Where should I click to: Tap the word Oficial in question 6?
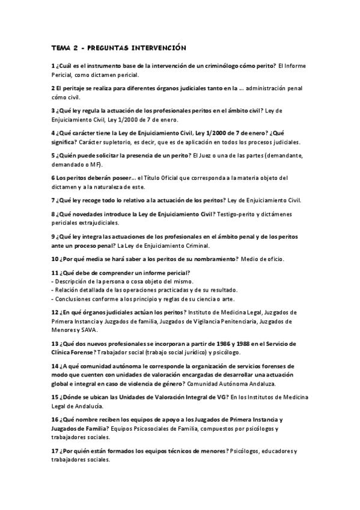click(171, 177)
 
